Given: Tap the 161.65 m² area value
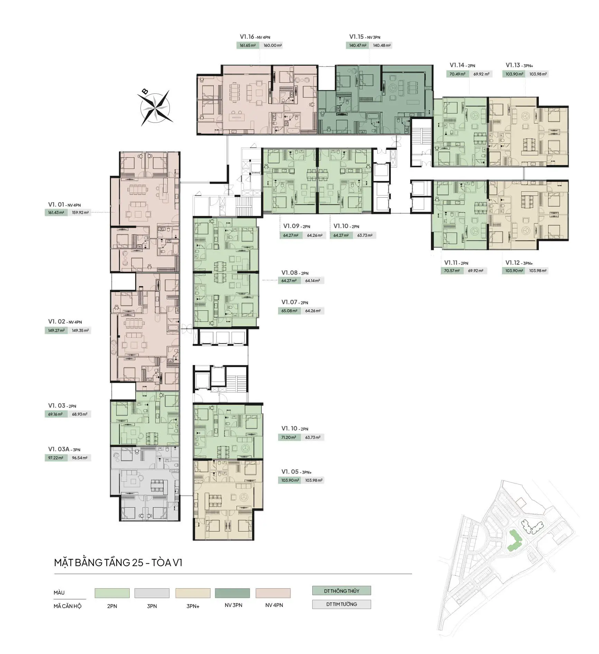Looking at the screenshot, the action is pos(248,45).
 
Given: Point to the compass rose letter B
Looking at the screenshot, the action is pos(145,91).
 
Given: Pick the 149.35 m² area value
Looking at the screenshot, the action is pos(80,330).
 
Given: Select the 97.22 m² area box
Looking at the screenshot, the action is pos(56,458).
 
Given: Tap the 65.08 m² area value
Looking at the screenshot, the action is pos(289,311).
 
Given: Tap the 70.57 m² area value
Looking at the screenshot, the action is pos(452,271).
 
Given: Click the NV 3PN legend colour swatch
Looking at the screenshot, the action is pos(232,593).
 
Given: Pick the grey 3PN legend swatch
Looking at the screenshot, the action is pos(152,593).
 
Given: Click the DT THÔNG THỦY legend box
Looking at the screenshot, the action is pos(341,591).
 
